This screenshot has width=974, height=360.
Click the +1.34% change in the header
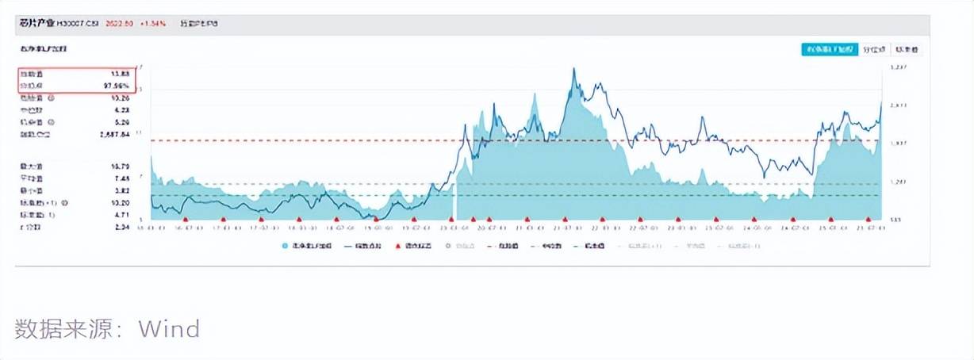click(x=153, y=24)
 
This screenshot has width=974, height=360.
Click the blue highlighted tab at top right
click(x=828, y=49)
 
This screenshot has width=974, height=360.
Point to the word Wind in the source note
click(x=169, y=328)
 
